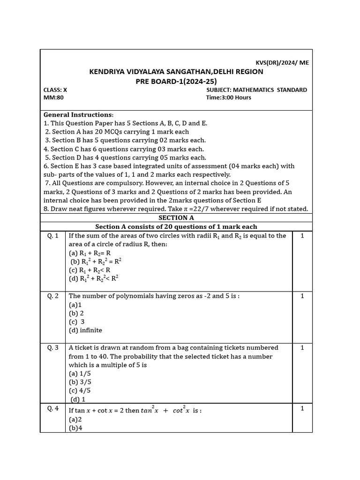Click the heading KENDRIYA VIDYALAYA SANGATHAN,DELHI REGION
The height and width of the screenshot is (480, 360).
pos(176,72)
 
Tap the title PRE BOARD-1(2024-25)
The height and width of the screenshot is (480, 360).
pos(176,81)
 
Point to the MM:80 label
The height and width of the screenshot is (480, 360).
pos(53,97)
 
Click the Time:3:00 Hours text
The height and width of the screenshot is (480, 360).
pos(228,97)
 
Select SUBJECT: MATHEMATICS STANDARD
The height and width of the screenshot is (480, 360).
pos(256,90)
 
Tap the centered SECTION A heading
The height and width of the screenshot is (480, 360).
pos(176,218)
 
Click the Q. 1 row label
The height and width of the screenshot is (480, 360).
pos(52,236)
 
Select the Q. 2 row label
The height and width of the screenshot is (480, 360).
pos(52,296)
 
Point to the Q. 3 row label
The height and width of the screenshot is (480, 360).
pos(52,347)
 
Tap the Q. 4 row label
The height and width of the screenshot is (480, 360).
pos(52,408)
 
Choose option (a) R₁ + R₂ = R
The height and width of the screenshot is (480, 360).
pos(90,253)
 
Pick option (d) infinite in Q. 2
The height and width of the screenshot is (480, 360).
pos(85,330)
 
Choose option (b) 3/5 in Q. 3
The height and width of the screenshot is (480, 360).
pos(80,382)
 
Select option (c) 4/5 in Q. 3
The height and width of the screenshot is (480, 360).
pos(80,390)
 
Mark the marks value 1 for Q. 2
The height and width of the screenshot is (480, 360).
pos(302,296)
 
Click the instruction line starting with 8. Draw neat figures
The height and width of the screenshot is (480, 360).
pos(176,209)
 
